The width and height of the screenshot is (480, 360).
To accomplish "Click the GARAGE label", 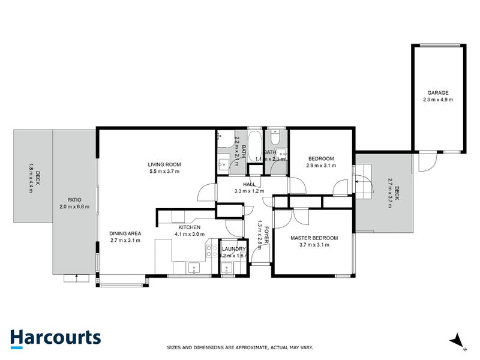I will pos(437,93).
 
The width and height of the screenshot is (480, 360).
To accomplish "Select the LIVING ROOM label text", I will pos(164,164).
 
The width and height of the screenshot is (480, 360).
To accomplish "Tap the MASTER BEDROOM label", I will pos(314,238).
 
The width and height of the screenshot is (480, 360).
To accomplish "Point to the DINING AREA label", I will pos(125,233).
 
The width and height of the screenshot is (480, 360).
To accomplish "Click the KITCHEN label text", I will pos(188,227).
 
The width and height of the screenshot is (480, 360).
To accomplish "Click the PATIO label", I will pos(74,200).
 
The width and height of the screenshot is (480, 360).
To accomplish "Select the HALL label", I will pos(250,185).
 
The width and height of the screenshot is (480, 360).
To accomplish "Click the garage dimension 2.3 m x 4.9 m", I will pos(437,100).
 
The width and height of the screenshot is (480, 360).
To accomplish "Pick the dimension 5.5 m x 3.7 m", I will pos(164,172).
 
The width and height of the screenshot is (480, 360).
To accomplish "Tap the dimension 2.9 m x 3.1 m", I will pos(320,166).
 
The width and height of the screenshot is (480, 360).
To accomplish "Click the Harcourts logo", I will pos(55,338).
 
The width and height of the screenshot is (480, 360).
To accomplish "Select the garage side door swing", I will pos(428,161).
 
